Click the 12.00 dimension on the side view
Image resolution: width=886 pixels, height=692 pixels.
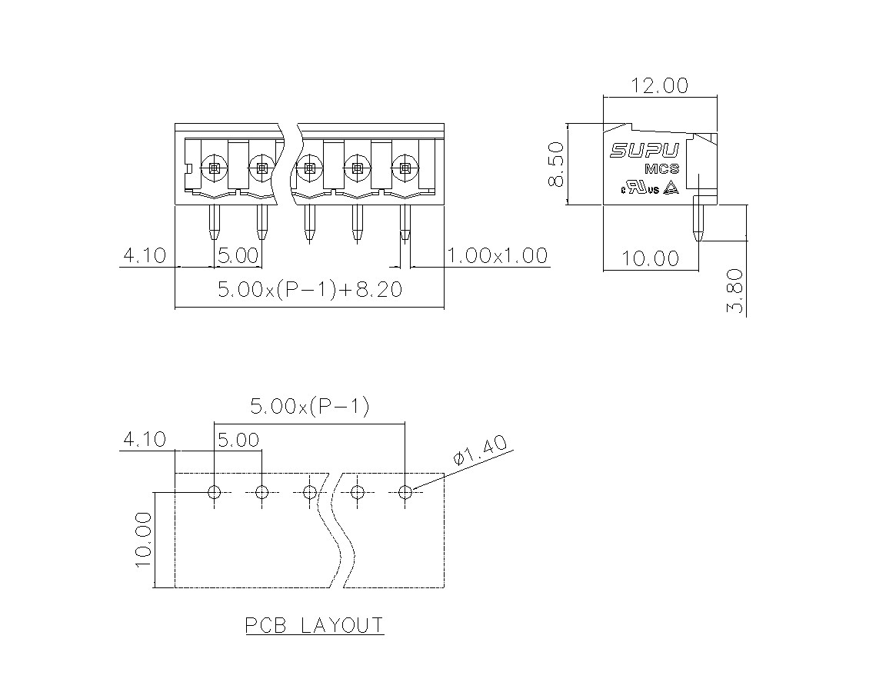pos(659,86)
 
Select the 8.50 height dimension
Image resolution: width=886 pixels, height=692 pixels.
pos(557,165)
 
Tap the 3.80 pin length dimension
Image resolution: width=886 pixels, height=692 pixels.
pos(735,291)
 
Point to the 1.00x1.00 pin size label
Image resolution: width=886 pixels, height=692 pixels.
pos(498,255)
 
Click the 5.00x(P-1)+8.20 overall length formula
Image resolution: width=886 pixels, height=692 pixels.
pos(310,289)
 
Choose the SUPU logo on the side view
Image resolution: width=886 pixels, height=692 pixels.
pos(645,150)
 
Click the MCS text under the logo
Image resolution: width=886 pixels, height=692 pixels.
pos(661,169)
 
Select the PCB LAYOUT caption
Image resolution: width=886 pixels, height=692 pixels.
pos(315,625)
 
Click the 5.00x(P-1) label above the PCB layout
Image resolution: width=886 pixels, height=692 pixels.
pos(310,406)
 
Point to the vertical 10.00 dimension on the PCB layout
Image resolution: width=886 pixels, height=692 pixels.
pos(144,540)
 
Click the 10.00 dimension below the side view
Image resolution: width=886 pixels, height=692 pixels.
pos(651,258)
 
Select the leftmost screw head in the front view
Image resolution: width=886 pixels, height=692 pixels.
pos(214,168)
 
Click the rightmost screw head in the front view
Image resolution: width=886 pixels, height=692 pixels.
pos(405,168)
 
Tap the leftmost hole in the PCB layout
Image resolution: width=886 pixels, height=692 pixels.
pos(214,492)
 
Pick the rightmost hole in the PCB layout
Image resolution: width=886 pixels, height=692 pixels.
pos(405,492)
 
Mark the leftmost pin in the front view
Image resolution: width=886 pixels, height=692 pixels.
pos(214,222)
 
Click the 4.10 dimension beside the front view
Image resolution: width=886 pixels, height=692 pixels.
pos(145,255)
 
